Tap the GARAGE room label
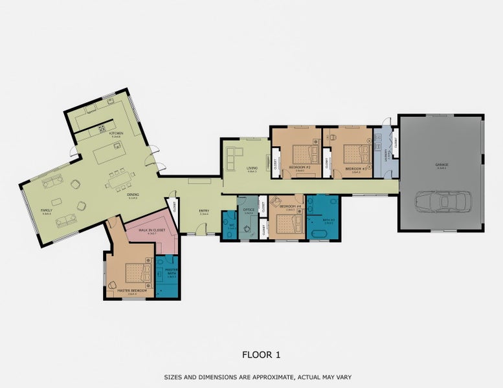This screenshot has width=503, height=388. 442,164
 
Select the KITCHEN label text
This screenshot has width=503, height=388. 116,134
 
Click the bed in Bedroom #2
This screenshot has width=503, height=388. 302,155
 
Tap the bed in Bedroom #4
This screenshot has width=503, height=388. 287,224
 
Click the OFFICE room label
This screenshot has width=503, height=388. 249,211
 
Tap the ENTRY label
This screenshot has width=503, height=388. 205,211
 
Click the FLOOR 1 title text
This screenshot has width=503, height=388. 261,354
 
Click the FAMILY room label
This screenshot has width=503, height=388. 47,211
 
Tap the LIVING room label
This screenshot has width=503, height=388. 252,169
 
